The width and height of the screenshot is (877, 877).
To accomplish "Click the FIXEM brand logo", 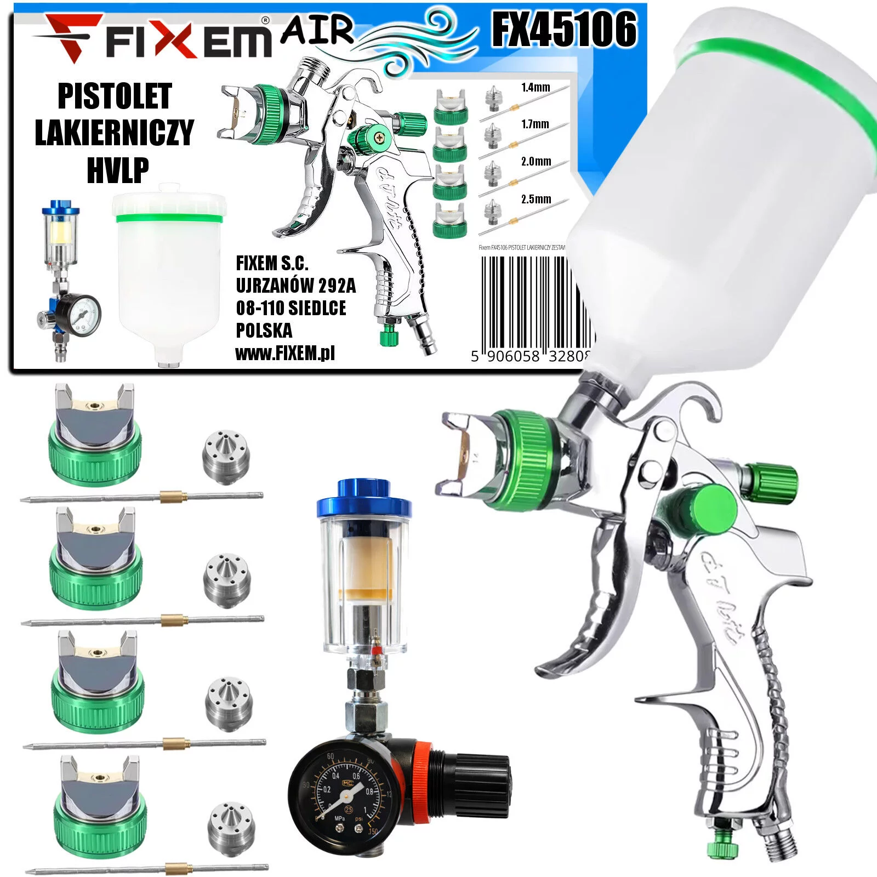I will point(153,36).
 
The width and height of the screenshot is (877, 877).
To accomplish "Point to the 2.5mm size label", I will point(536,199).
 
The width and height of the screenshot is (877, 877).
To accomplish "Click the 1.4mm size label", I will point(535,87).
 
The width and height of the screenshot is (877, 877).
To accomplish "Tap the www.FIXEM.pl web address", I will point(285,354).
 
